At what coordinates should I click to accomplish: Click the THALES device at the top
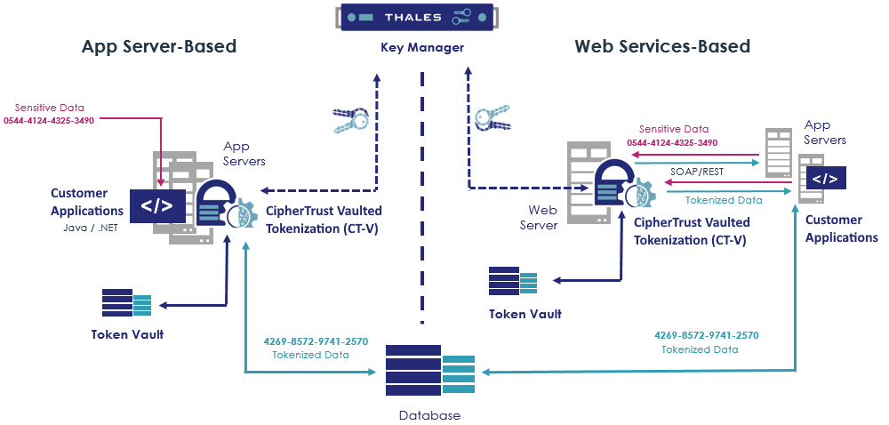coord(421,18)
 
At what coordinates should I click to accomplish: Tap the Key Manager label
coord(422,47)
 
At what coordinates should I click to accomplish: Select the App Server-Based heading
coord(159,46)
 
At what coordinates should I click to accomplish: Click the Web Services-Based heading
coord(662,46)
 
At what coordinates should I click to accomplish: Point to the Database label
coord(429,415)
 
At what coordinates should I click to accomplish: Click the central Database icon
coord(430,370)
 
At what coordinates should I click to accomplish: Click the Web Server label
coord(543,218)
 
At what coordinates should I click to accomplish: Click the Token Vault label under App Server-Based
coord(127,334)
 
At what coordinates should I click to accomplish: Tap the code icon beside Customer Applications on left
coord(157,205)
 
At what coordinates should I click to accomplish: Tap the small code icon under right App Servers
coord(825,179)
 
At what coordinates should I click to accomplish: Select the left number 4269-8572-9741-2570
coord(316,341)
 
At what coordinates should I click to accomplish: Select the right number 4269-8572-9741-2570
coord(706,335)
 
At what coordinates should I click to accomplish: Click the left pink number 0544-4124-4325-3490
coord(49,120)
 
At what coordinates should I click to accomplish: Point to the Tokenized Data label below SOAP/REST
coord(724,200)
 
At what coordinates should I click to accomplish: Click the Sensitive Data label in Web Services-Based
coord(674,129)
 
